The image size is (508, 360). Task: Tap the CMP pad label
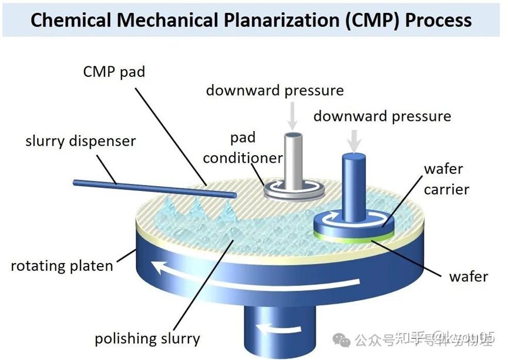(x=114, y=73)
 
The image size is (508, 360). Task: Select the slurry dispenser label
(x=80, y=142)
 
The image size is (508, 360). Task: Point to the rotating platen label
(x=62, y=265)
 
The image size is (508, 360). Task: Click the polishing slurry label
(x=147, y=338)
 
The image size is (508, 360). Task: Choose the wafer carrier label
(x=446, y=179)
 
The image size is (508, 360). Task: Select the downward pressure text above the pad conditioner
(x=274, y=91)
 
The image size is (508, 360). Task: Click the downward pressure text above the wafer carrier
(x=382, y=116)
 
